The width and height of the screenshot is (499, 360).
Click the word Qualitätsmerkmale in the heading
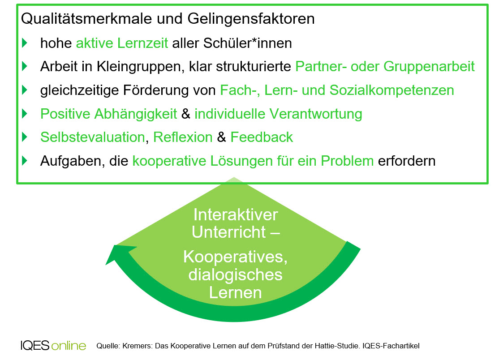85,18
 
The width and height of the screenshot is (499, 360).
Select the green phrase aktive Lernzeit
122,43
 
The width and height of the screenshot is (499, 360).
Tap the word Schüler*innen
248,43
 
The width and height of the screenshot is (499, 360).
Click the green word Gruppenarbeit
429,67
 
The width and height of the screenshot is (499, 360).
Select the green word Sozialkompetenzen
392,90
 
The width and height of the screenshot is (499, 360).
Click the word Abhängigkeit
136,114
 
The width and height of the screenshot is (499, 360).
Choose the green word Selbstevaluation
93,137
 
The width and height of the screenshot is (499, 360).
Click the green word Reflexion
183,137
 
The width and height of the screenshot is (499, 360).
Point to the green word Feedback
262,137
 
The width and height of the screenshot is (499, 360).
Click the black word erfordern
407,161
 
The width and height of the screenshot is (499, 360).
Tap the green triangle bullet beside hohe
25,43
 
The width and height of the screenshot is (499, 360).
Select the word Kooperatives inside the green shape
236,257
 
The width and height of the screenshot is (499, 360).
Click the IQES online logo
53,345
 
